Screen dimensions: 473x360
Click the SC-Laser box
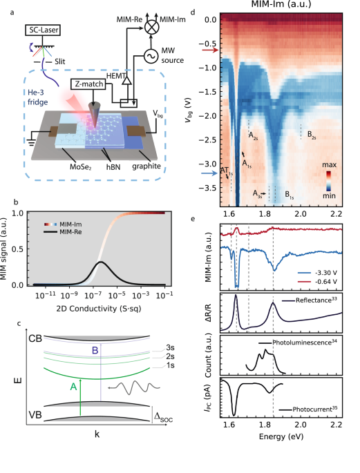(40, 31)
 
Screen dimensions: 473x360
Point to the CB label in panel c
(35, 339)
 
